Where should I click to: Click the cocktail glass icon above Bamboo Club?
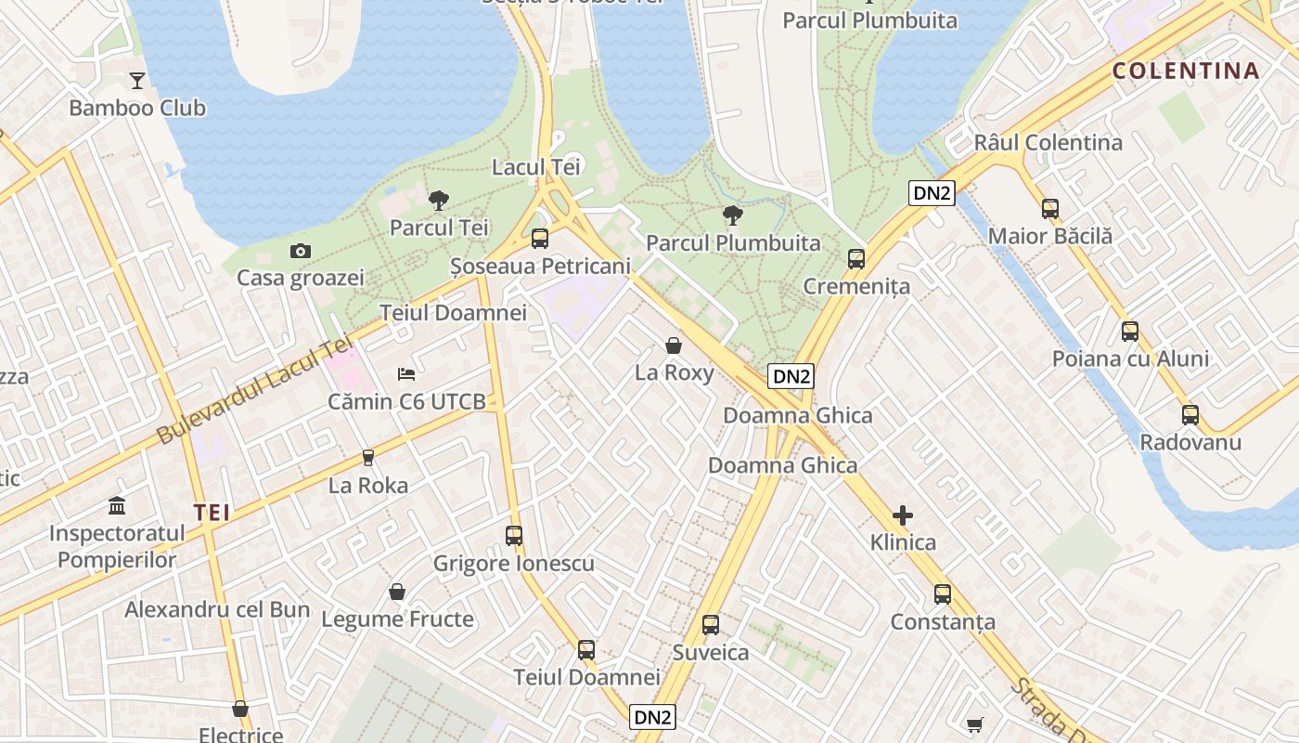click(137, 80)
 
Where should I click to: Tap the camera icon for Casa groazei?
click(300, 251)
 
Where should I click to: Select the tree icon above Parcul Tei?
click(439, 200)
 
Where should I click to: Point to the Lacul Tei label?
click(536, 167)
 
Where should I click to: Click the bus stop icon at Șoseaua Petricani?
click(540, 239)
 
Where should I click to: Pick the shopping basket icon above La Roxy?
click(674, 345)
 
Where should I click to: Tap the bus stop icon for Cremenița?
click(856, 258)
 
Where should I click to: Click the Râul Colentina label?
click(1048, 143)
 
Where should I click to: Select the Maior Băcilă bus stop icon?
click(1050, 208)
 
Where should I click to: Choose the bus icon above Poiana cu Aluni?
click(1130, 331)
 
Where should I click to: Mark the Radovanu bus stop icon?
click(1190, 414)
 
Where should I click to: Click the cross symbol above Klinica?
click(903, 515)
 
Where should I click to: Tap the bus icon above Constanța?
click(943, 593)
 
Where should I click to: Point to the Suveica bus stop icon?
click(711, 624)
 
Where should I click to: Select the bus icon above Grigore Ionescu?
click(514, 535)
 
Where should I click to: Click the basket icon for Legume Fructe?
click(397, 592)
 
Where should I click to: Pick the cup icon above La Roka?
click(368, 457)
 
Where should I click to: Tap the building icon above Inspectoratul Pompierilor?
click(117, 506)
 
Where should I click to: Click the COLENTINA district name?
click(1186, 72)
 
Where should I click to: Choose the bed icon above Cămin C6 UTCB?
click(406, 373)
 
